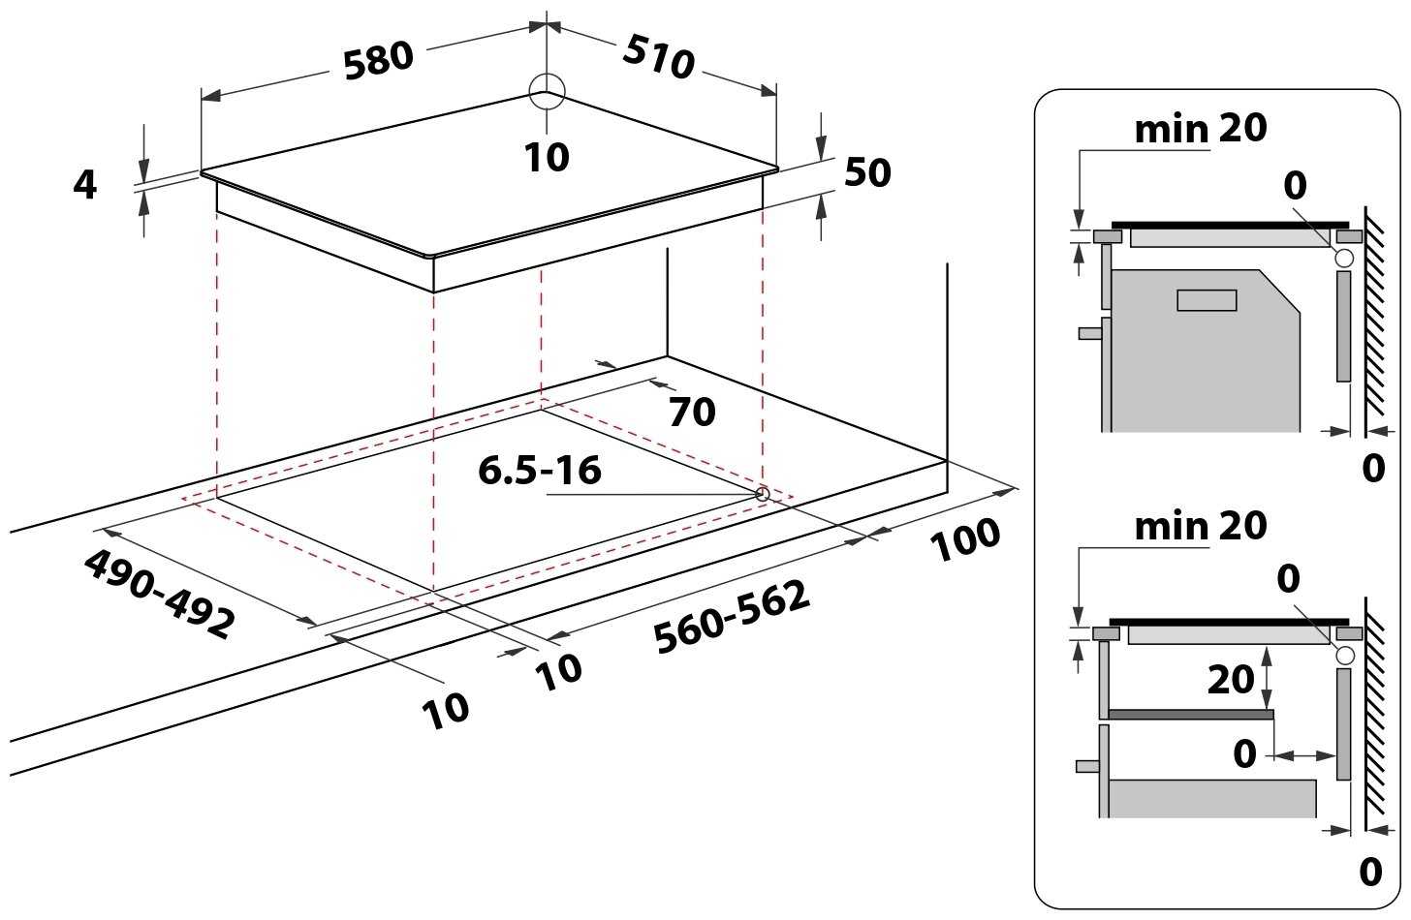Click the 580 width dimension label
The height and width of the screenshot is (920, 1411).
point(379,60)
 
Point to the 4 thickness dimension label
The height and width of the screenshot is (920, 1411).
point(85,184)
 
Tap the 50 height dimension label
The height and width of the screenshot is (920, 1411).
point(867,173)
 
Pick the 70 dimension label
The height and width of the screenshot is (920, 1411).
point(692,414)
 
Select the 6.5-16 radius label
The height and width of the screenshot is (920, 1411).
point(540,471)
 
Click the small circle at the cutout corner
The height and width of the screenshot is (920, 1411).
point(762,495)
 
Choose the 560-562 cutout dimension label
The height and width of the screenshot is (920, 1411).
point(732,618)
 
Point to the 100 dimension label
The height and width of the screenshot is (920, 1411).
point(965,540)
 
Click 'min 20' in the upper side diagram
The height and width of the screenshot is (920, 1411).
point(1200,129)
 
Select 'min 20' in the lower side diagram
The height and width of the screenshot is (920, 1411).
point(1200,526)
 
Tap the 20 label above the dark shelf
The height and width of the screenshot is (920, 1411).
point(1230,680)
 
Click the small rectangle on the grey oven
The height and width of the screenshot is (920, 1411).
point(1207,300)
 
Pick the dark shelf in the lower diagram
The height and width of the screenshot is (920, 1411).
point(1190,714)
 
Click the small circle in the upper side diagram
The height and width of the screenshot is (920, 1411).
point(1343,258)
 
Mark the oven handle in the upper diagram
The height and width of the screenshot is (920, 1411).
point(1090,333)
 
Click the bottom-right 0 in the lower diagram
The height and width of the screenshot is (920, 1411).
point(1369,873)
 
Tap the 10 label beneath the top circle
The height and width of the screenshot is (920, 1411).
point(548,157)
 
